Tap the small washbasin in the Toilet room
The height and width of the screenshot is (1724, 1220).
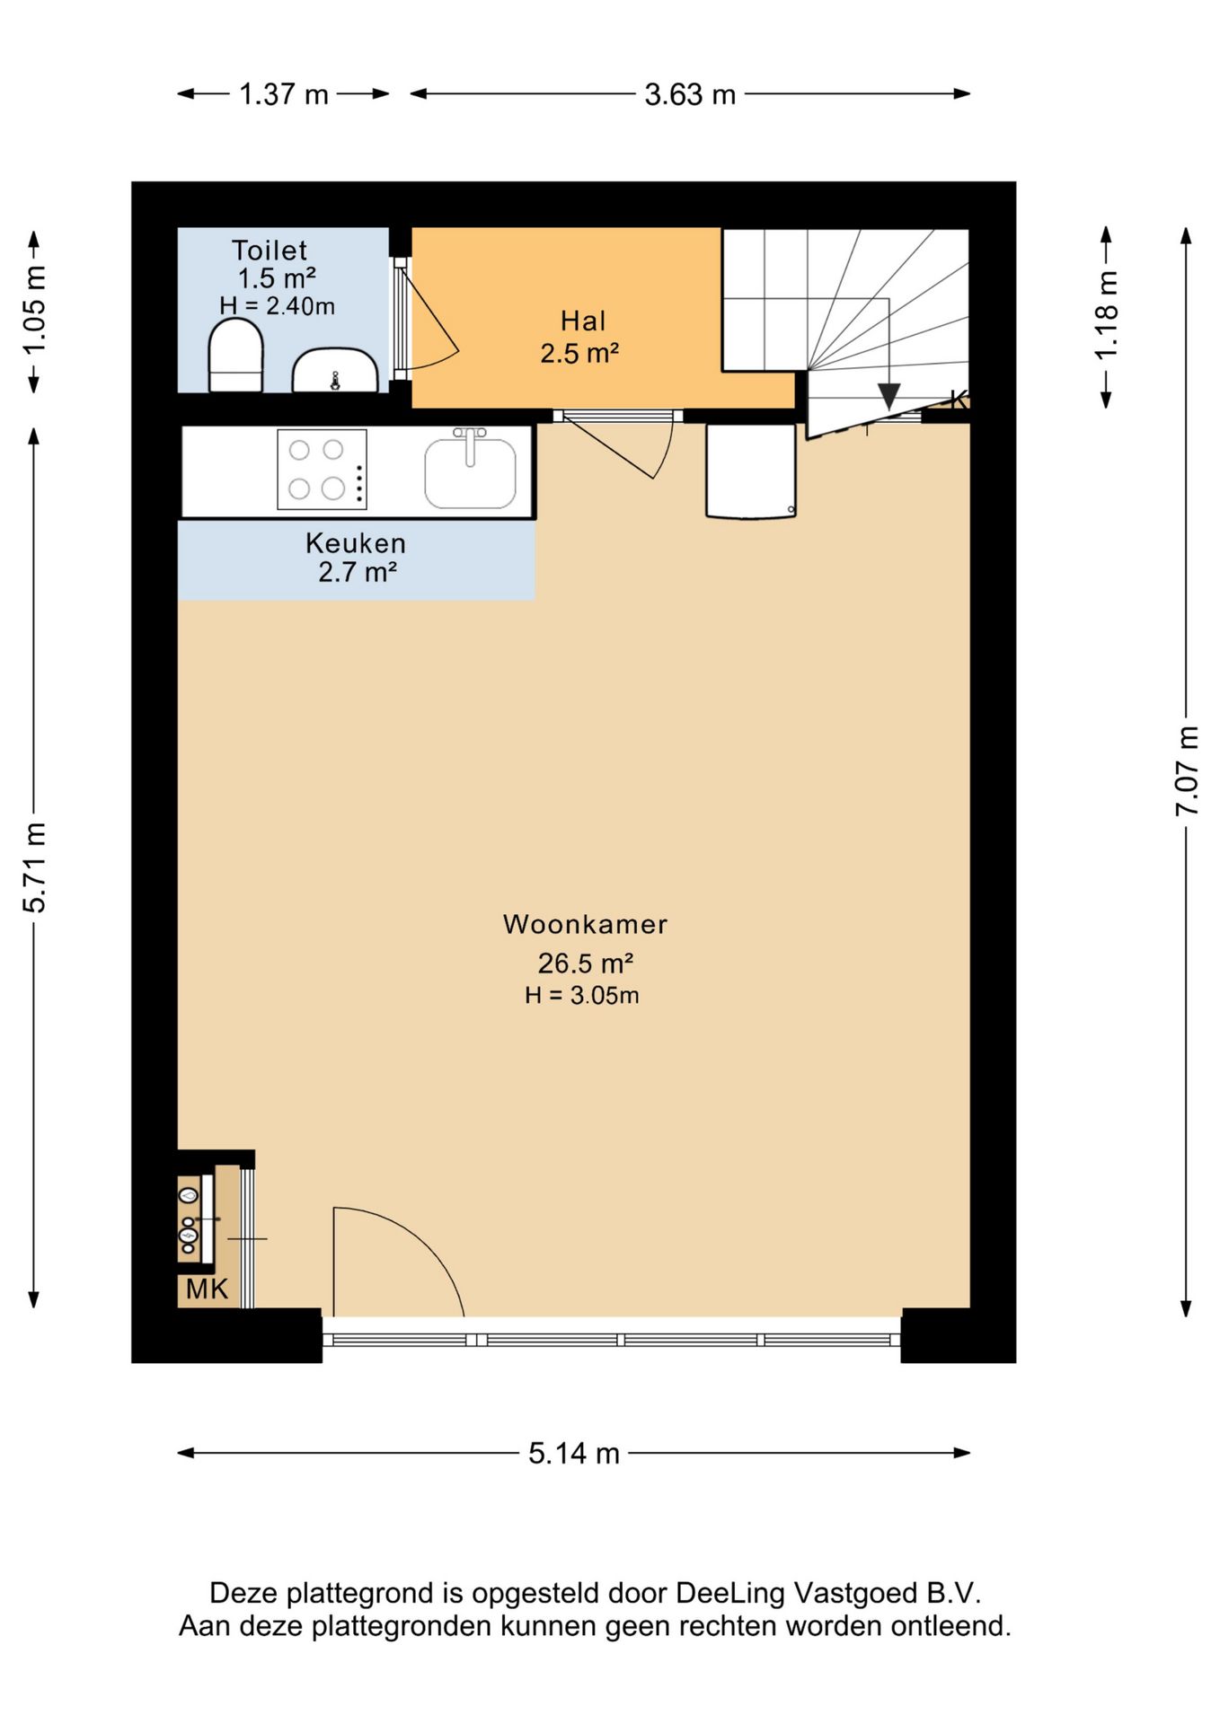coord(335,371)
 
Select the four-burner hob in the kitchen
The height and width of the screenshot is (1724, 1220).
coord(322,470)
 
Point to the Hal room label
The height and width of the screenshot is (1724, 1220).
coord(583,321)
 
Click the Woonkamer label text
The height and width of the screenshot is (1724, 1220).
coord(585,924)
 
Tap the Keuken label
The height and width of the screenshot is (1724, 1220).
coord(356,543)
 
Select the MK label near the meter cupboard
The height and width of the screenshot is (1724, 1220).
coord(207,1289)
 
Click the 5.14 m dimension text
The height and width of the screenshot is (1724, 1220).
coord(574,1453)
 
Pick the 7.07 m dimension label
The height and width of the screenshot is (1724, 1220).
coord(1188,771)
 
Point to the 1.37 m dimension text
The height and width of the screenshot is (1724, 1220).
coord(284,94)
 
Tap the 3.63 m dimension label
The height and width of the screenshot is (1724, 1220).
coord(690,94)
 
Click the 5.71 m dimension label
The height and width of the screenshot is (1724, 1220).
coord(34,867)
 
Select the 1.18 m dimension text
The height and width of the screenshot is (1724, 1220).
coord(1107,315)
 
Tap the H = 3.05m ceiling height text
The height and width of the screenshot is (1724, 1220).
coord(582,995)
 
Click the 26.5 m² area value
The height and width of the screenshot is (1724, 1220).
coord(586,963)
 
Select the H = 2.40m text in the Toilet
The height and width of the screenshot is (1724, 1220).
coord(277,306)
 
